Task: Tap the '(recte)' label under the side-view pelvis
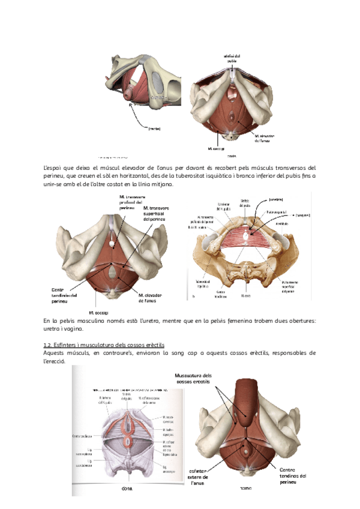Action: click(154, 128)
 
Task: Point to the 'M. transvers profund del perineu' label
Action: click(131, 202)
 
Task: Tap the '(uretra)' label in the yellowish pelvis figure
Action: click(275, 199)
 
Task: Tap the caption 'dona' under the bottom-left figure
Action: click(127, 489)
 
